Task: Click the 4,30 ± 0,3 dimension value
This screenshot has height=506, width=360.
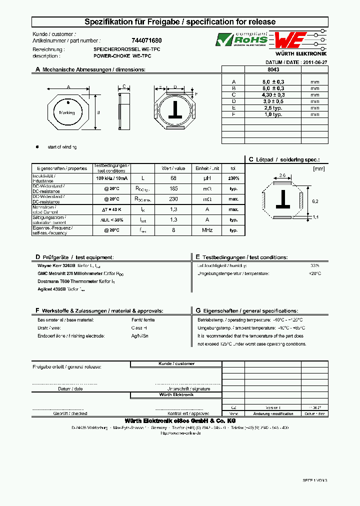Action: (x=273, y=94)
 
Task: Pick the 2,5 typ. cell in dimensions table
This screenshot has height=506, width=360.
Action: (x=273, y=107)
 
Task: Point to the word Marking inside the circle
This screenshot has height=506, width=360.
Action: (x=67, y=113)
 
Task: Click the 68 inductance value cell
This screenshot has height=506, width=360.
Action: (x=173, y=178)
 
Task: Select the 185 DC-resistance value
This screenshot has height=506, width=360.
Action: (x=173, y=189)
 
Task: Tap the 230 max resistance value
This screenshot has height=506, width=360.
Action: (x=173, y=199)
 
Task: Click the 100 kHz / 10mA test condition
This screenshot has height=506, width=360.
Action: (x=112, y=178)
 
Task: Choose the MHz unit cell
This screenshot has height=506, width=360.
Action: (x=207, y=230)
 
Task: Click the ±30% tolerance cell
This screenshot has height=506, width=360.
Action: (x=233, y=178)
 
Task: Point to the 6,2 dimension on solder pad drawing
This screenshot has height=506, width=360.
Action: (x=314, y=200)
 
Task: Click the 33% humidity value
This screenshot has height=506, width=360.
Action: (x=314, y=265)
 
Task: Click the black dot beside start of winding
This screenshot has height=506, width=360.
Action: (x=37, y=147)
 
